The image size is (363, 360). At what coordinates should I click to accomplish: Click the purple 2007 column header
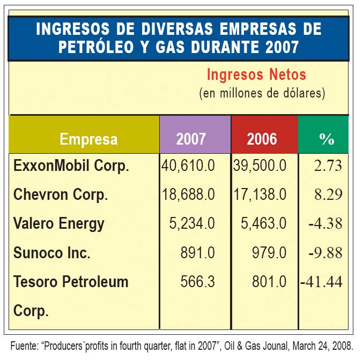pyautogui.click(x=191, y=139)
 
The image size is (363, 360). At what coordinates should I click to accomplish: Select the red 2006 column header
pyautogui.click(x=262, y=139)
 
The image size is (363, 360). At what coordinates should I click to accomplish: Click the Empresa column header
pyautogui.click(x=88, y=139)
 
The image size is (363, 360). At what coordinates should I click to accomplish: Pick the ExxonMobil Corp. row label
pyautogui.click(x=71, y=166)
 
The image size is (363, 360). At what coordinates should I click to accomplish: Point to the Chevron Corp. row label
pyautogui.click(x=61, y=194)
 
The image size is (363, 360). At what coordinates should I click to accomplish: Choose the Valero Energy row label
pyautogui.click(x=59, y=223)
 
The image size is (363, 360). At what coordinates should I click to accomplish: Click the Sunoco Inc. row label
pyautogui.click(x=51, y=252)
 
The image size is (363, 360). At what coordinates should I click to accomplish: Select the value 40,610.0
pyautogui.click(x=188, y=166)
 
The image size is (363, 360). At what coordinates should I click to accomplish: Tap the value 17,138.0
pyautogui.click(x=260, y=194)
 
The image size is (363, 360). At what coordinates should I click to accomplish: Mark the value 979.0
pyautogui.click(x=271, y=252)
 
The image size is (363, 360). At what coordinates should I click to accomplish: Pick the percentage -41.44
pyautogui.click(x=322, y=281)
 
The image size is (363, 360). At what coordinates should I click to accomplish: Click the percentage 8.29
pyautogui.click(x=328, y=194)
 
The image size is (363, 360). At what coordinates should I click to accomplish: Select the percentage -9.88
pyautogui.click(x=325, y=252)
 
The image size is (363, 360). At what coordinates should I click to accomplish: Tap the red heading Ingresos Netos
pyautogui.click(x=256, y=74)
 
